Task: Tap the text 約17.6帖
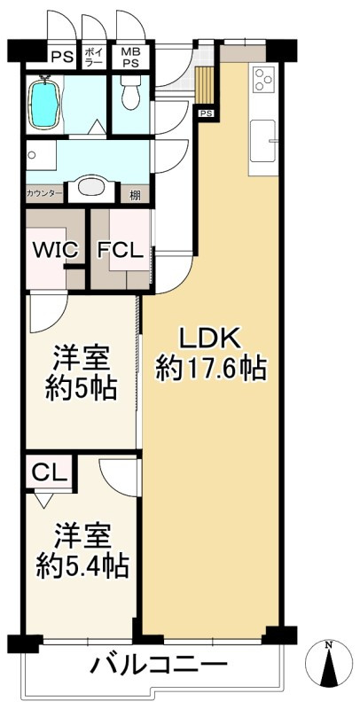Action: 211,368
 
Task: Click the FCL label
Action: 120,250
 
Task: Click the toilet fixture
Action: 129,92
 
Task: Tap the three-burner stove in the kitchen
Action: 264,81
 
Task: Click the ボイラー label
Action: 94,58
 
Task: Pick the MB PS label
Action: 130,58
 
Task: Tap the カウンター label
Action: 44,193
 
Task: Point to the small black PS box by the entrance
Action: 206,113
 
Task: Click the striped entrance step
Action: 206,85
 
